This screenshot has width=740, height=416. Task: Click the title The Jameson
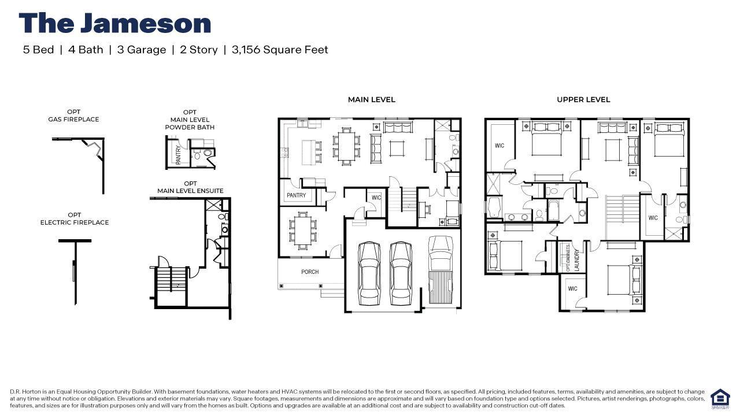pyautogui.click(x=114, y=24)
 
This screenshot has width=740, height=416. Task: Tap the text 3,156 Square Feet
pyautogui.click(x=280, y=50)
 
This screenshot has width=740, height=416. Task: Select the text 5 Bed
pyautogui.click(x=38, y=50)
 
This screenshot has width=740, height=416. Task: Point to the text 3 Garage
pyautogui.click(x=141, y=50)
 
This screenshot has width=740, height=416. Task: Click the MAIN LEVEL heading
pyautogui.click(x=371, y=99)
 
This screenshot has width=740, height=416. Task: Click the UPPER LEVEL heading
pyautogui.click(x=583, y=99)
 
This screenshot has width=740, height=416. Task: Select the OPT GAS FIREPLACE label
pyautogui.click(x=73, y=116)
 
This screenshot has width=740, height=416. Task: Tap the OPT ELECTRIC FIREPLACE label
pyautogui.click(x=74, y=218)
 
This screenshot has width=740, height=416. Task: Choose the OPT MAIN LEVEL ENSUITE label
pyautogui.click(x=190, y=187)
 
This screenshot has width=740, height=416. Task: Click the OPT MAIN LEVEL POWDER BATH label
pyautogui.click(x=190, y=120)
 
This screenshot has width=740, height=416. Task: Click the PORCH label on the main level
pyautogui.click(x=310, y=272)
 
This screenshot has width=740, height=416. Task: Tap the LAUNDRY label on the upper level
pyautogui.click(x=576, y=260)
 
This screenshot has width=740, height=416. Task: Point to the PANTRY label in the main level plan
pyautogui.click(x=296, y=196)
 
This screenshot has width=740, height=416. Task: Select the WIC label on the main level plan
pyautogui.click(x=376, y=198)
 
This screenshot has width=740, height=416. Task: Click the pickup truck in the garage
pyautogui.click(x=441, y=269)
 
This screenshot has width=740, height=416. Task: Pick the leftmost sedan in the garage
pyautogui.click(x=368, y=273)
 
